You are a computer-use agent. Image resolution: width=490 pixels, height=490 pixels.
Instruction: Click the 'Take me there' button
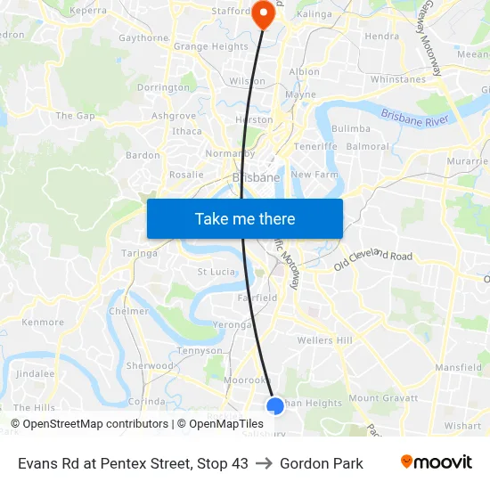pos(245,218)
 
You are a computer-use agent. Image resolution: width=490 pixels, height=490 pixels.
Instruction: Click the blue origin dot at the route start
pos(275,405)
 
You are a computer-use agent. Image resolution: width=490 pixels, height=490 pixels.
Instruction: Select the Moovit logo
pos(436,462)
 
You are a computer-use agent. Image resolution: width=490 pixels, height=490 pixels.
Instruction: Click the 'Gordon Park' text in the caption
pos(321,463)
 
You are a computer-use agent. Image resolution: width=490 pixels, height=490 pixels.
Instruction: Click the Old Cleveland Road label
pos(373,259)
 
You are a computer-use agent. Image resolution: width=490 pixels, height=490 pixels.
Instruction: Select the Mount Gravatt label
pos(376,398)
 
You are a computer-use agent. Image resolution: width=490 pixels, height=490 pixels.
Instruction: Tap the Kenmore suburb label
pos(43,322)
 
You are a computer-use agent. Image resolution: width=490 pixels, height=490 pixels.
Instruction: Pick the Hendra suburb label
pos(382,37)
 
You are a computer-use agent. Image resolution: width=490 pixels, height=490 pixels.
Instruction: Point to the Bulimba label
pos(350,129)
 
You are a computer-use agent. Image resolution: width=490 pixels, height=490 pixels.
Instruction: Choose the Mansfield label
pos(459,367)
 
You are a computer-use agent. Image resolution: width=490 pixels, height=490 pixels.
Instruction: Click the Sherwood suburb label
pos(149,366)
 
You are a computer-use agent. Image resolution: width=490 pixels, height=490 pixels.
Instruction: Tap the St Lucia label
pos(215,271)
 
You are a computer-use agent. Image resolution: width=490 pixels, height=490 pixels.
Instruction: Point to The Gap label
pos(75,116)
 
